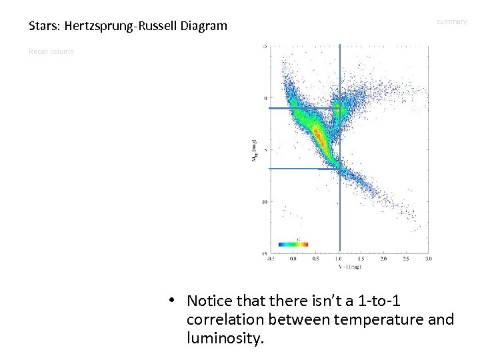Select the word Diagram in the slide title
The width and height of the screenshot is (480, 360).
coord(203,27)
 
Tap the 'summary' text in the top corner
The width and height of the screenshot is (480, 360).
coord(451,22)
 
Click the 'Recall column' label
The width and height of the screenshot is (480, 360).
coord(51,51)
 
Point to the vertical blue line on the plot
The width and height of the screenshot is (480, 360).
coord(340,200)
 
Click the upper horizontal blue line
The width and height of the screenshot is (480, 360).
coord(303,108)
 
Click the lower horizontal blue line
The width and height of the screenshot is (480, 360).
coord(303,169)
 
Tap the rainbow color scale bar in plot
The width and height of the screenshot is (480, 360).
coord(293,244)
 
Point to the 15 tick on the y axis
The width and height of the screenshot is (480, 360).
coord(264,253)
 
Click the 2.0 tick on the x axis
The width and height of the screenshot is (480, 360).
coord(383,258)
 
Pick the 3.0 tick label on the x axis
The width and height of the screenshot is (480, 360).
coord(428,258)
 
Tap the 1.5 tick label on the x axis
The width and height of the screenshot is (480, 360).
coord(360,258)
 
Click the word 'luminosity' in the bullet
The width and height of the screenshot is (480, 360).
coord(225,339)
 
